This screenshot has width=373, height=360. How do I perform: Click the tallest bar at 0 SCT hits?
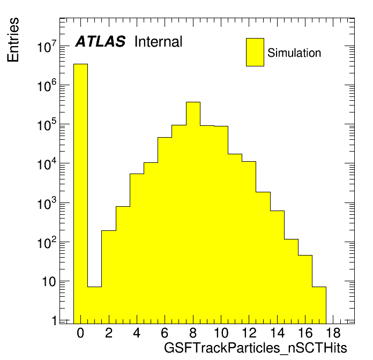pos(80,193)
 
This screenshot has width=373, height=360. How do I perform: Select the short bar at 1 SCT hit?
pos(95,305)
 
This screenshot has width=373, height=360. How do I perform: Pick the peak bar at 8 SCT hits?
pos(193,213)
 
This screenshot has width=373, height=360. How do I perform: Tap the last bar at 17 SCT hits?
pos(319,305)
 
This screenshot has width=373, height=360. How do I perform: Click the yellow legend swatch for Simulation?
pos(255,52)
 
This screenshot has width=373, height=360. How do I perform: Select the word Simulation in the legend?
pos(294,53)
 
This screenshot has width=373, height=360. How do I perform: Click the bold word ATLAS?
pos(100,41)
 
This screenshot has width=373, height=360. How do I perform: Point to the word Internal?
pos(159,42)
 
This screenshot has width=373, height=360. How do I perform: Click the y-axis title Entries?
pos(13,40)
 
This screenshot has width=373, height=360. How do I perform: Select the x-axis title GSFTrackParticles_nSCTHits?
pos(256,348)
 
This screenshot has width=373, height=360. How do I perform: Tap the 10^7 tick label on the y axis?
pos(47,47)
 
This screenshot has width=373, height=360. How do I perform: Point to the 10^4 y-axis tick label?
pos(47,163)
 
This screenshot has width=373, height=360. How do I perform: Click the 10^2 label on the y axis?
pos(47,242)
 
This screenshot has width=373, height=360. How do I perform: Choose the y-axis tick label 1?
pos(55,320)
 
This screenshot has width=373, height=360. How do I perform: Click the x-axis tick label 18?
pos(333,333)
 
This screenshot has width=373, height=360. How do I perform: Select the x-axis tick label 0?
pos(80,333)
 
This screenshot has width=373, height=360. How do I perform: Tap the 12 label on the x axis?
pos(249,333)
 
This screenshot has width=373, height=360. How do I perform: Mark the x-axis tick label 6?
pos(165,333)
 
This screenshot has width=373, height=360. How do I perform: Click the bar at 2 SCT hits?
pos(109,277)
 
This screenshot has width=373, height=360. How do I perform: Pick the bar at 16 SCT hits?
pos(305,289)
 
